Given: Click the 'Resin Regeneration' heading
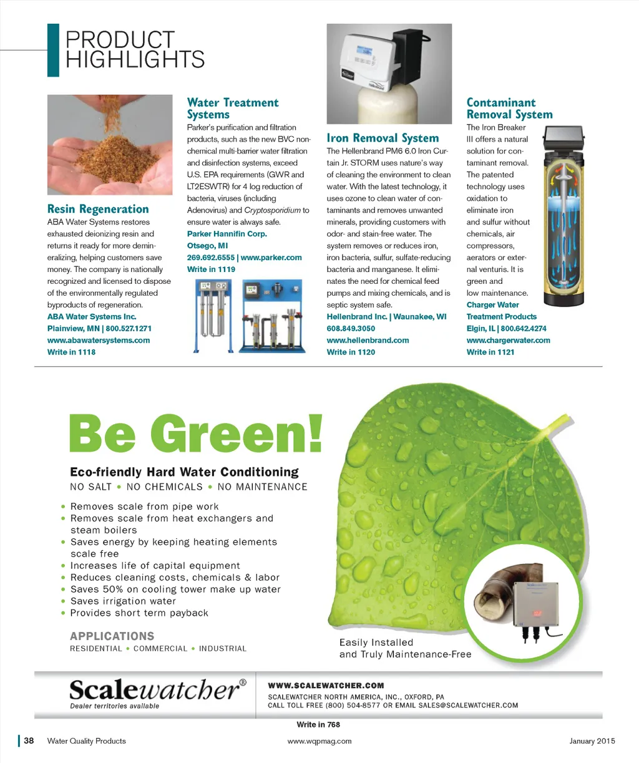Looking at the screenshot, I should (98, 210).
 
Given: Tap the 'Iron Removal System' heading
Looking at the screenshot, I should (383, 139).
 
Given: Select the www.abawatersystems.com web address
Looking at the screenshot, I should (99, 341).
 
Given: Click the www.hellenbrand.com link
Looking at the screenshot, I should (368, 341).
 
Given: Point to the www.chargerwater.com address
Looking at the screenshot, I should (508, 341).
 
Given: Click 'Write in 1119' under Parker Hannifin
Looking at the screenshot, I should (211, 270).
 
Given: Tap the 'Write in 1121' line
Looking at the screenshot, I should (490, 352).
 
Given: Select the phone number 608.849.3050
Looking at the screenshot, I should (351, 329).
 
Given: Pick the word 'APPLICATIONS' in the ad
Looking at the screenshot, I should (112, 636).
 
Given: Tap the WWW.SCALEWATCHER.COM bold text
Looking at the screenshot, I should (326, 686).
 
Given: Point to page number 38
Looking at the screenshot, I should (29, 741).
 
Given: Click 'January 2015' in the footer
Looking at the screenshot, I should (592, 741).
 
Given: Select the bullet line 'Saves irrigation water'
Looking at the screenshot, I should (123, 601).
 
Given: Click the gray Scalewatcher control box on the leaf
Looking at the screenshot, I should (536, 605).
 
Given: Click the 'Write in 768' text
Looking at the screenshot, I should (318, 725).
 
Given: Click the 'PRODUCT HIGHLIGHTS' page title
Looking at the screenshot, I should (135, 50).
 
